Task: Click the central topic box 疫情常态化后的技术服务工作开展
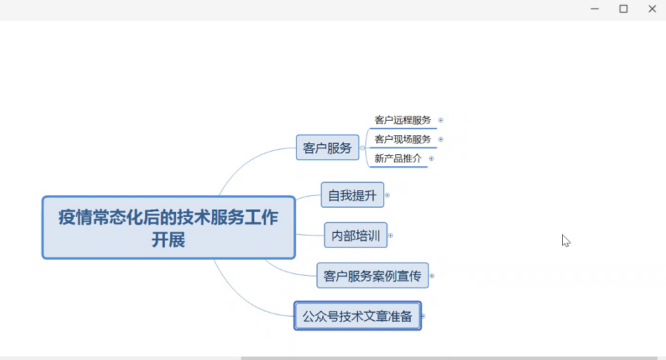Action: [168, 227]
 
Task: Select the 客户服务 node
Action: [328, 147]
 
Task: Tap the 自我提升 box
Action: [352, 195]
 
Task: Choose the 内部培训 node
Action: [356, 235]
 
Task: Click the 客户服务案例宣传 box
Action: [373, 276]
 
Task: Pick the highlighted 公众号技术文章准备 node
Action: [358, 316]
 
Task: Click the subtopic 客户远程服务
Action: [403, 120]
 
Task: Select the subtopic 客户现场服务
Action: [403, 139]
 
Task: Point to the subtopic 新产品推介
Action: [398, 159]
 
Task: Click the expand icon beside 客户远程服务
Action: [441, 120]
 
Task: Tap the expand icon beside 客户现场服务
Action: [441, 139]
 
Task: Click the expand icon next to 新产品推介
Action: [432, 159]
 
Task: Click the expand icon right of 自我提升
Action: [387, 195]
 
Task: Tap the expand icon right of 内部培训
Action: [391, 236]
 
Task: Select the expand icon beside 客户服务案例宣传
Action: [432, 276]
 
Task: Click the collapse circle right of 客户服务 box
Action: [362, 148]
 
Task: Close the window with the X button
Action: [653, 8]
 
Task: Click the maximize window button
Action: [623, 8]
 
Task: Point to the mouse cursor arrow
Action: [566, 241]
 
